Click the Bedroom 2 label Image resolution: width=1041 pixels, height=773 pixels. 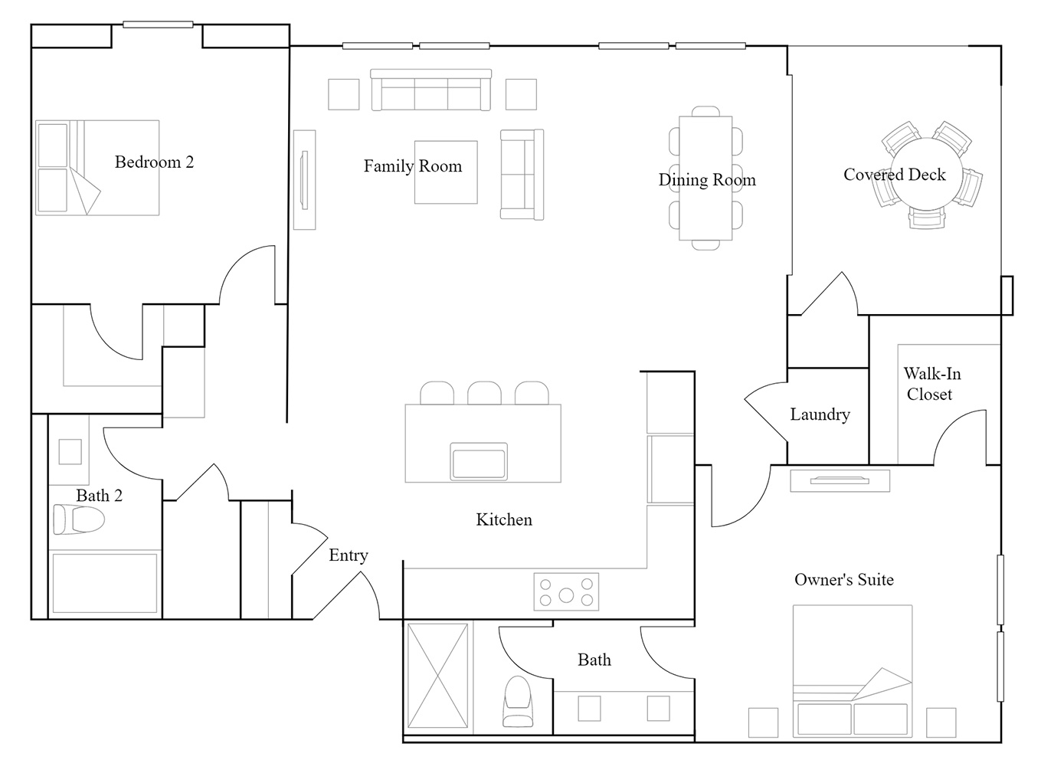pos(154,162)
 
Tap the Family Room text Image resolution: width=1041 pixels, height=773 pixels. pos(413,165)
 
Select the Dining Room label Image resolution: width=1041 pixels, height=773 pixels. pos(707,180)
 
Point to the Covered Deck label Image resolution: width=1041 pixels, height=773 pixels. pos(894,175)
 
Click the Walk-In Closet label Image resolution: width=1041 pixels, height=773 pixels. pos(931,384)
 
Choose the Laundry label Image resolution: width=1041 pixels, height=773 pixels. pos(820,414)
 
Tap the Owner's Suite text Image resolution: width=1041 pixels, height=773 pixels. pos(844,579)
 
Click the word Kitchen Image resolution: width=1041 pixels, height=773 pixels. pos(504,519)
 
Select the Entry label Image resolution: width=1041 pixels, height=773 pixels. pos(349,555)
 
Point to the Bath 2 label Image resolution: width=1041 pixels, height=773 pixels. pos(100,496)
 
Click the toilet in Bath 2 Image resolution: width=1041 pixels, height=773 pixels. pos(78,519)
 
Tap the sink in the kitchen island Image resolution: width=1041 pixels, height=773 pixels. pos(478,462)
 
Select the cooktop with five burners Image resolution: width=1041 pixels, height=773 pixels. pos(566,591)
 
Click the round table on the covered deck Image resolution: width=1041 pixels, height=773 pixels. pos(925,174)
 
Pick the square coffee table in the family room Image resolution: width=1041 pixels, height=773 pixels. pos(446,172)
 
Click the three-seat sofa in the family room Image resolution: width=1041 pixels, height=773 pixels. pos(430,90)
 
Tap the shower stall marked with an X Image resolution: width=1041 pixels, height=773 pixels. pos(437,676)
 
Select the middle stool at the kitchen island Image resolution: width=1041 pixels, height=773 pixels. pos(484,393)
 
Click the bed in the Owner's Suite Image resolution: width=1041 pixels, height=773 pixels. pos(853,671)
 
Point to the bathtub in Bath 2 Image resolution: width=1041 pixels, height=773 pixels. pos(105,583)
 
